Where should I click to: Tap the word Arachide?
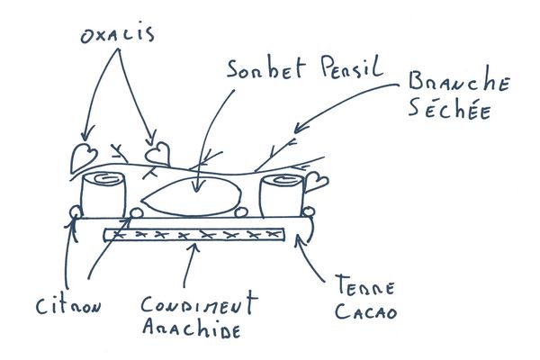pyautogui.click(x=193, y=328)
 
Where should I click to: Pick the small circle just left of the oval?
pyautogui.click(x=137, y=213)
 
